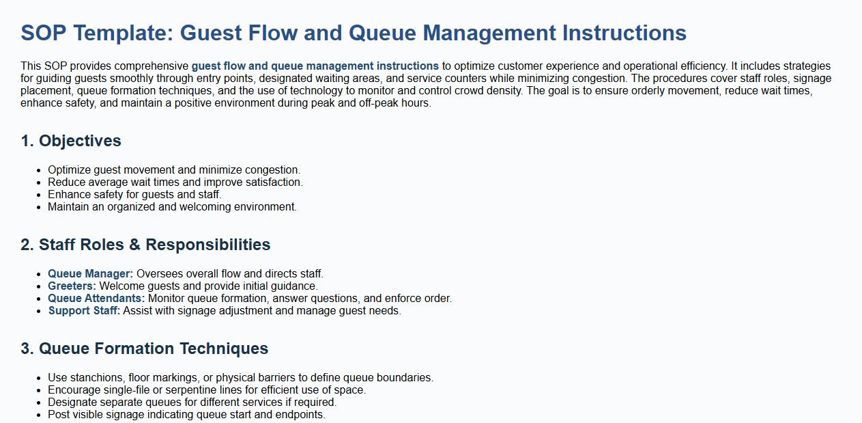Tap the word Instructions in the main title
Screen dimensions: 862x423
pyautogui.click(x=624, y=33)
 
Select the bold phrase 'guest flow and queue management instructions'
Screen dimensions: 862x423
pyautogui.click(x=315, y=66)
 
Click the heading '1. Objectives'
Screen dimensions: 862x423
pyautogui.click(x=71, y=141)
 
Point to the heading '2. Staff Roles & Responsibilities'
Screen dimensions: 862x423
pyautogui.click(x=145, y=245)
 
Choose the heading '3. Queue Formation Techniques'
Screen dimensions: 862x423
pyautogui.click(x=144, y=349)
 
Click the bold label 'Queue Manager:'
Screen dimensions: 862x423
pyautogui.click(x=91, y=273)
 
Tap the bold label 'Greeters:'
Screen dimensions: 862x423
pyautogui.click(x=72, y=286)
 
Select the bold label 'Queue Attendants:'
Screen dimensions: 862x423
pyautogui.click(x=96, y=298)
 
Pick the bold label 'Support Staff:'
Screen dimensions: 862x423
pyautogui.click(x=84, y=310)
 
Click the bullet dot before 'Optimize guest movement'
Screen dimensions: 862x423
pyautogui.click(x=38, y=170)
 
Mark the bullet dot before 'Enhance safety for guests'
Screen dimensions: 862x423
pyautogui.click(x=38, y=195)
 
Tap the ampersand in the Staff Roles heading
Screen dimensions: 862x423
pyautogui.click(x=134, y=245)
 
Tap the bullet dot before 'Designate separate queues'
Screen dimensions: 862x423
pyautogui.click(x=38, y=402)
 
